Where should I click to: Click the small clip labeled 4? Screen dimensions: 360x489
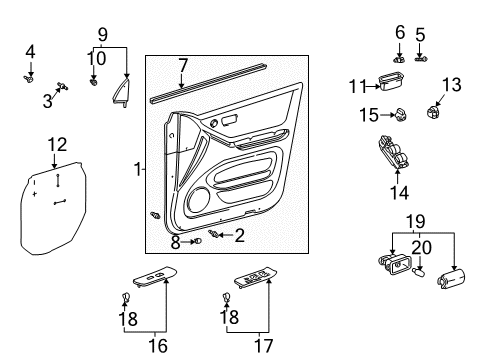[30, 73]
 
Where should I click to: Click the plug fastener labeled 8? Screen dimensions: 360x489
[196, 240]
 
